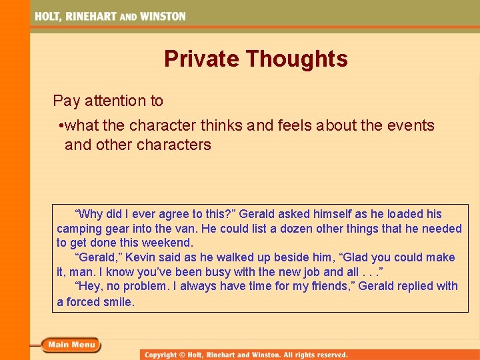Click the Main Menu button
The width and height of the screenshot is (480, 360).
[x=71, y=345]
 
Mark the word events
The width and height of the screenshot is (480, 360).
[x=408, y=125]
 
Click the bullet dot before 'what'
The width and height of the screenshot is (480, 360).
[x=61, y=125]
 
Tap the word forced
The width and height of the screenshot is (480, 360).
[x=83, y=301]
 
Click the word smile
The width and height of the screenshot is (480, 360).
[x=119, y=301]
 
